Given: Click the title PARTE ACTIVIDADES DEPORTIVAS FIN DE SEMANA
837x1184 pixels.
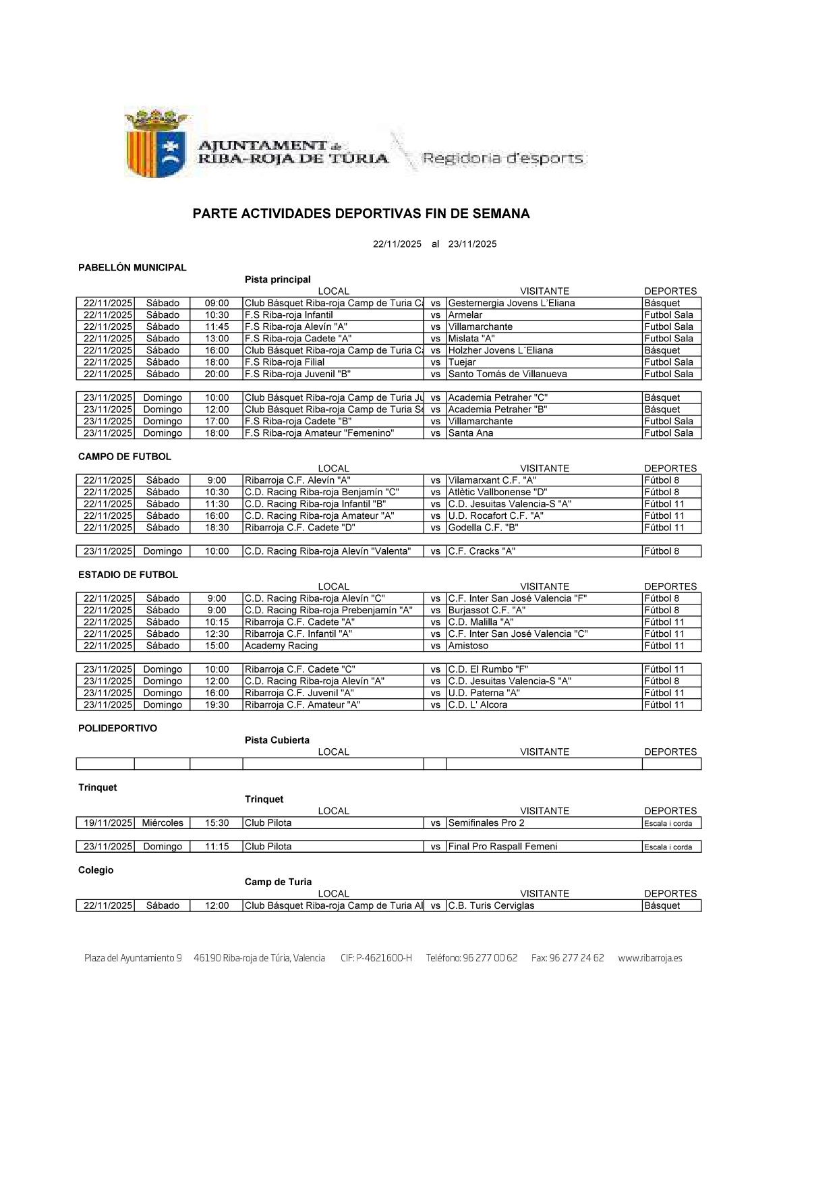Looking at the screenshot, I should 361,214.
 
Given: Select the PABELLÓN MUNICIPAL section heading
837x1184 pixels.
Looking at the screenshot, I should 132,268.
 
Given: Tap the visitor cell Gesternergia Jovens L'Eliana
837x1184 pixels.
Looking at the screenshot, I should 511,304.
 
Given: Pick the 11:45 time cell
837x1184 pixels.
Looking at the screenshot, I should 217,327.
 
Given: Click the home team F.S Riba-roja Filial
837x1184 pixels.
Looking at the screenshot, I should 284,362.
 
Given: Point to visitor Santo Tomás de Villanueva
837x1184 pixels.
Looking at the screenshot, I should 507,374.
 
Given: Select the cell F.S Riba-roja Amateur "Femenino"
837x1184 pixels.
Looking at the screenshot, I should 319,433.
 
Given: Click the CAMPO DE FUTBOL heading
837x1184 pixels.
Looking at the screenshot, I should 125,457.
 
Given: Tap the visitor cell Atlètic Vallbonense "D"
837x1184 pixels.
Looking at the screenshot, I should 498,492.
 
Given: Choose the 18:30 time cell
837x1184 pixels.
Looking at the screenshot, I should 217,528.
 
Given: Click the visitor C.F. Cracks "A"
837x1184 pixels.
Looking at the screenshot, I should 482,551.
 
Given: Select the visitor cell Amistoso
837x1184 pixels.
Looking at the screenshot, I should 468,646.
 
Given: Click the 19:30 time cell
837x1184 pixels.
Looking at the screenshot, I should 217,705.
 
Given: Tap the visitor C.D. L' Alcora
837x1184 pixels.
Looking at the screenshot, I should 478,705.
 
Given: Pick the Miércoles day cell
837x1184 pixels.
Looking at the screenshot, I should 163,823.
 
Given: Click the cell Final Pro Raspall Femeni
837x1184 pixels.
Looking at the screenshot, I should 502,847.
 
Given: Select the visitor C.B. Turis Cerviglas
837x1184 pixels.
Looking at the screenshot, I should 491,906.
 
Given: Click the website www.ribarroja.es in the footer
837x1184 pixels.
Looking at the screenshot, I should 650,958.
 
